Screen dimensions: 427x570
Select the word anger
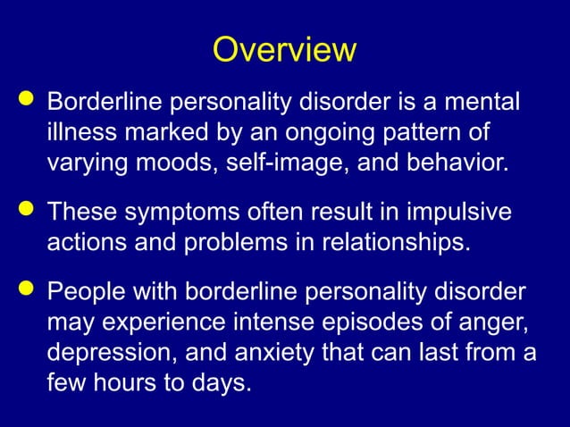pos(491,322)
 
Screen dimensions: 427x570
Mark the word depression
pos(116,355)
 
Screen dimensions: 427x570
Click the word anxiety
pos(266,355)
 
